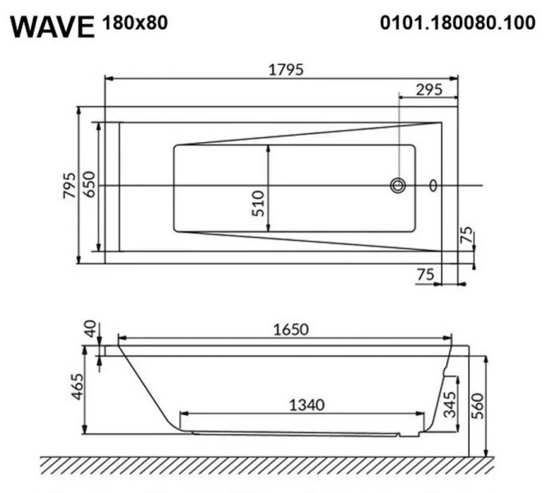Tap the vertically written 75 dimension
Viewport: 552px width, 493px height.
coord(467,237)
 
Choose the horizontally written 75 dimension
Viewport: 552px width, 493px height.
coord(425,275)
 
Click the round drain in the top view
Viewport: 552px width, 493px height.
coord(398,186)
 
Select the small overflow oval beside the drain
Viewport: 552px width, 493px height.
coord(434,186)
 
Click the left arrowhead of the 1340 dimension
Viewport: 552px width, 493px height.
coord(183,413)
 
